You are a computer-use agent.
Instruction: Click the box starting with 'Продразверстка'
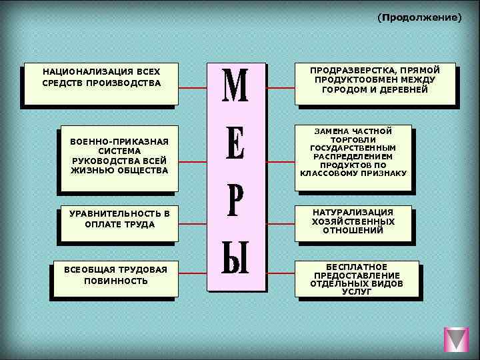click(x=375, y=84)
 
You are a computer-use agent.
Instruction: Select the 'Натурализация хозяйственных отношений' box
click(x=353, y=221)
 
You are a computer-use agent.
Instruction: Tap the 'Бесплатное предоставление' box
click(x=357, y=278)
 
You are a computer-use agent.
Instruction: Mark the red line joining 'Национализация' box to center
click(x=193, y=88)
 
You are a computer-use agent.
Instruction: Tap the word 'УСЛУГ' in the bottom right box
click(x=357, y=292)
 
